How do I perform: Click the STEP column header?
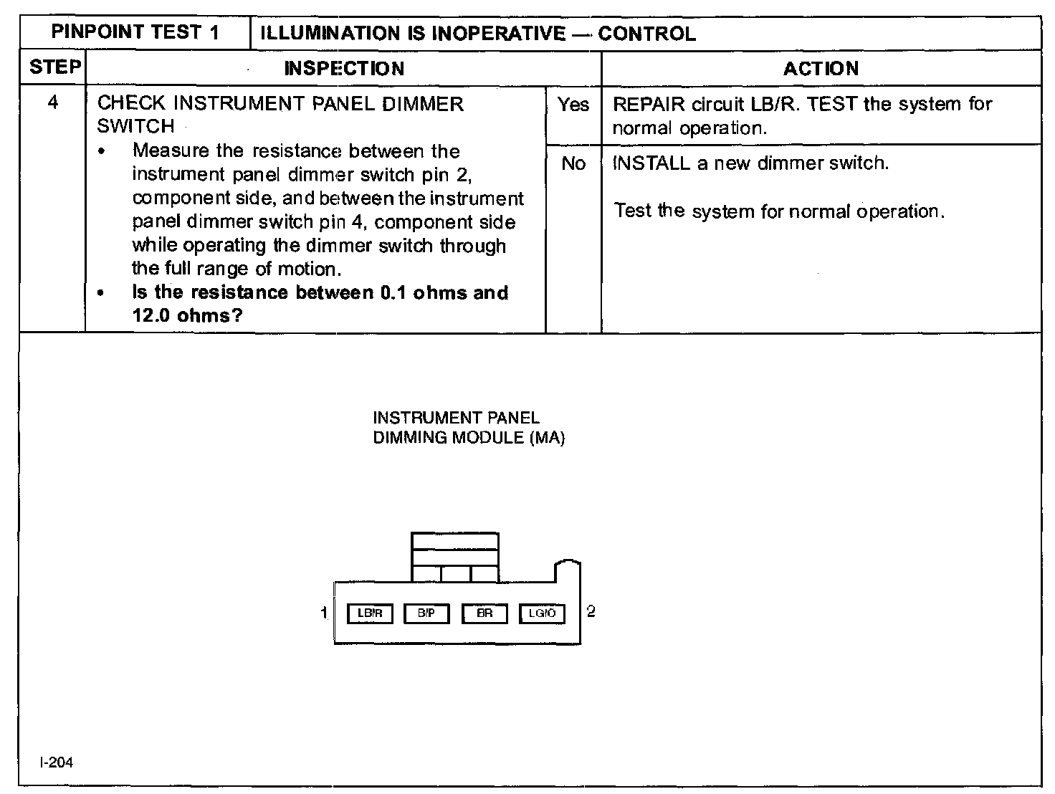(54, 67)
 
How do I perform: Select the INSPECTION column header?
(344, 69)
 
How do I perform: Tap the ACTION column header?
(821, 69)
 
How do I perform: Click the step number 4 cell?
(52, 102)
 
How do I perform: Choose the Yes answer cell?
(573, 105)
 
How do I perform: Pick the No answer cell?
(573, 164)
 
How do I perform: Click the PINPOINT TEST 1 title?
(135, 33)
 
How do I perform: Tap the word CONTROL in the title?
(646, 34)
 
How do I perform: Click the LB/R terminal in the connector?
(370, 613)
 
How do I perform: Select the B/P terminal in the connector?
(426, 613)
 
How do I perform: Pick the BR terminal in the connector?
(484, 613)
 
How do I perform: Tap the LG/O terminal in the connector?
(542, 613)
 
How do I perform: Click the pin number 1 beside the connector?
(324, 612)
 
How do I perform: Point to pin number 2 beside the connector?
(591, 611)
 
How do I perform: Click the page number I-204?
(57, 762)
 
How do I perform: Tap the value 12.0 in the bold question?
(151, 315)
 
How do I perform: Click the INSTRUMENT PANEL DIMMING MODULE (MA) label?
(469, 428)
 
